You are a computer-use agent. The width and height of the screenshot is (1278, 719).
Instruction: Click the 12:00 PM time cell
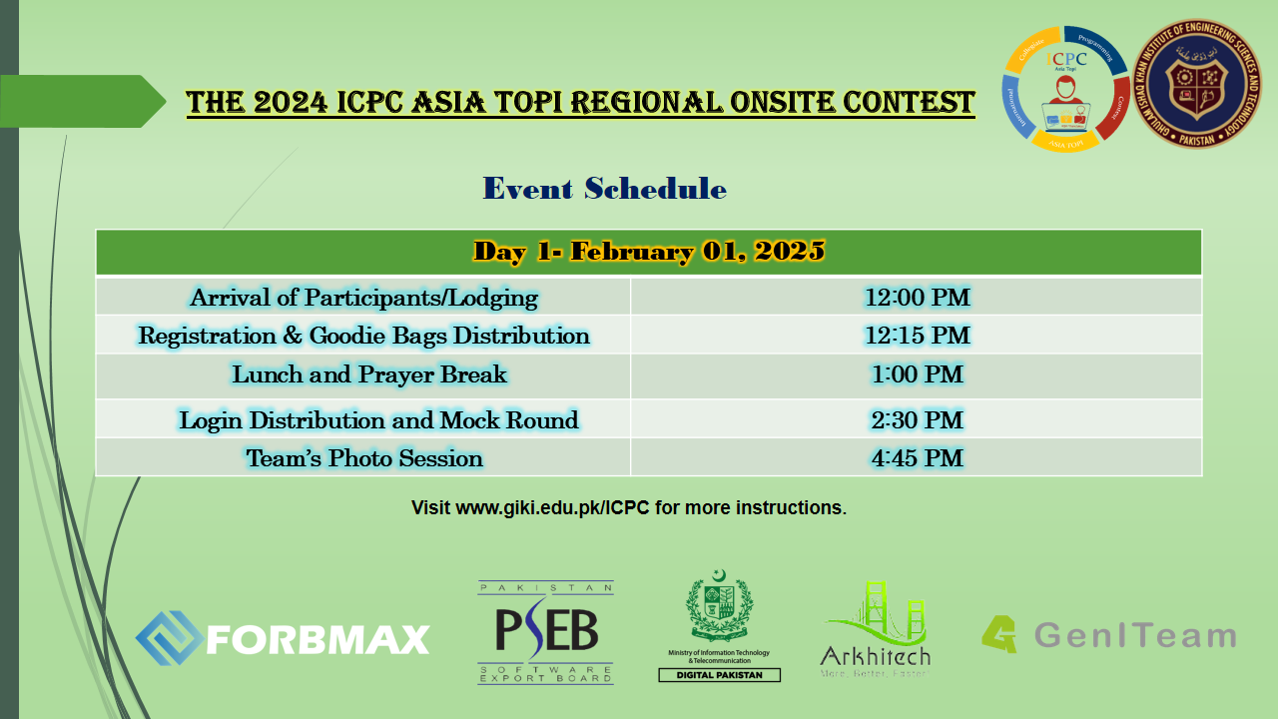point(917,297)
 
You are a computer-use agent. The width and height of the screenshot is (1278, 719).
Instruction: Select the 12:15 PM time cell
point(917,335)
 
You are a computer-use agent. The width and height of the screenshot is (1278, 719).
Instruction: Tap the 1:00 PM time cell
point(917,374)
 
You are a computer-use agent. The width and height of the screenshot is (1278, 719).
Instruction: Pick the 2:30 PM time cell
point(917,419)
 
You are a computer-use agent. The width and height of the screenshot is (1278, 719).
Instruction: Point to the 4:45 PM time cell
point(917,457)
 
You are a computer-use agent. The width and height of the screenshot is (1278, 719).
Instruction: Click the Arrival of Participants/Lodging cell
point(363,297)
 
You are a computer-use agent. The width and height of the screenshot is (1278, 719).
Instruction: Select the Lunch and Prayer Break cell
point(369,374)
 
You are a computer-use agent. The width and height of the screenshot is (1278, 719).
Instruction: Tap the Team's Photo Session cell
point(364,458)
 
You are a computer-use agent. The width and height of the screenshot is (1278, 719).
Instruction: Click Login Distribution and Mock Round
point(378,419)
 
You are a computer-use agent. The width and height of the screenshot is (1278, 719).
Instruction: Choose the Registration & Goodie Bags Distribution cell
point(363,335)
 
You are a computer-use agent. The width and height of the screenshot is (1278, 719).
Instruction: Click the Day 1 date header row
point(649,252)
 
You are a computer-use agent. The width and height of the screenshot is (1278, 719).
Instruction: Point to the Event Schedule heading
point(604,188)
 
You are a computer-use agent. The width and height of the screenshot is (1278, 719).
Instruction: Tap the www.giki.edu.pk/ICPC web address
point(552,507)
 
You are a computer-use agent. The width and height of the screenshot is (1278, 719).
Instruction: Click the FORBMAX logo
point(283,638)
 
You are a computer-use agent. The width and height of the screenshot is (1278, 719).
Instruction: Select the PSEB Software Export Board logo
point(545,632)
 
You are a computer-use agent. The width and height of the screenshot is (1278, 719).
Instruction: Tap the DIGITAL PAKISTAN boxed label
point(719,675)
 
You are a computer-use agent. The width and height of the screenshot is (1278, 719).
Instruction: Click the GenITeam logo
point(1108,635)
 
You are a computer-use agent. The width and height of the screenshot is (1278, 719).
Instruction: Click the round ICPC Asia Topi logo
point(1065,89)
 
